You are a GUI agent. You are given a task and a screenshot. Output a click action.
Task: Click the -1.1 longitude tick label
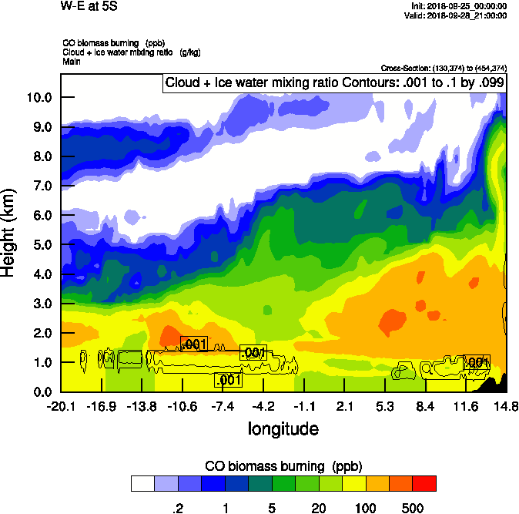303,406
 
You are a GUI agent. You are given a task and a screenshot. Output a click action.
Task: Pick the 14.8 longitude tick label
506,406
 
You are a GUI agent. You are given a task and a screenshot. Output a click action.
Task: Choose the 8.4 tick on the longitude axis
425,406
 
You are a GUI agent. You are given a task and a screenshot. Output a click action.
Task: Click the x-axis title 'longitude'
283,428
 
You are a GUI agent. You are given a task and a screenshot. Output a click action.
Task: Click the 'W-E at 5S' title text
85,6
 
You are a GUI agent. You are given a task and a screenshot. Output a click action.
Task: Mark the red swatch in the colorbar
424,483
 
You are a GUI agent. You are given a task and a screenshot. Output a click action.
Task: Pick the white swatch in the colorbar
142,483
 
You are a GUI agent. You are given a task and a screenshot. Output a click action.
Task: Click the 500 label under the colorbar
413,509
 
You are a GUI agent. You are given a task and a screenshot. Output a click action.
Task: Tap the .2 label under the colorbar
176,509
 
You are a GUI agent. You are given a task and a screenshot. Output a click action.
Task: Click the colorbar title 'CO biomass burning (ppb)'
283,466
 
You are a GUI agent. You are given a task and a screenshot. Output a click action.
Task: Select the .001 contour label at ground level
229,379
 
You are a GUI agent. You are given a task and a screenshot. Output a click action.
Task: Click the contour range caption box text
334,83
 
